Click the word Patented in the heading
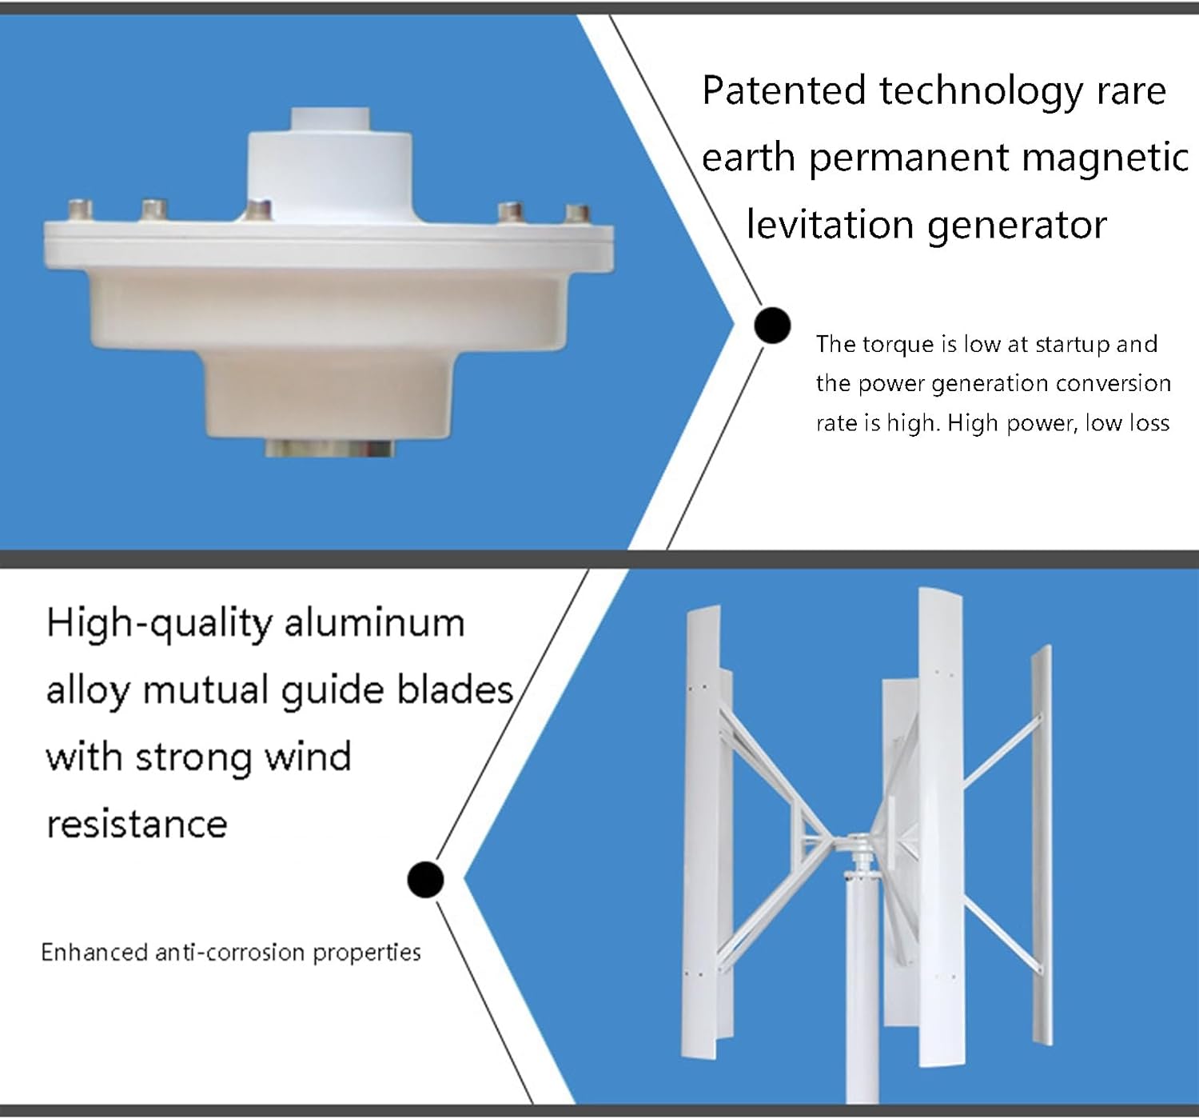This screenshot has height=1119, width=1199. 783,90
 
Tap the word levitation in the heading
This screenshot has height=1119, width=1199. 829,225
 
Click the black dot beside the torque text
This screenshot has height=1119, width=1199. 772,326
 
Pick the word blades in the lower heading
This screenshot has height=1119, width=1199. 455,690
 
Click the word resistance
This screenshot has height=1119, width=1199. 137,825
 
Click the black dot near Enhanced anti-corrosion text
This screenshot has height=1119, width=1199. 425,879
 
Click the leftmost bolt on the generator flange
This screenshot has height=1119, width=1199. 80,210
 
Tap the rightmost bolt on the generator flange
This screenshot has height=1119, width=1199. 577,214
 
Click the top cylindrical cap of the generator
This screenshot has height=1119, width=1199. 329,120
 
